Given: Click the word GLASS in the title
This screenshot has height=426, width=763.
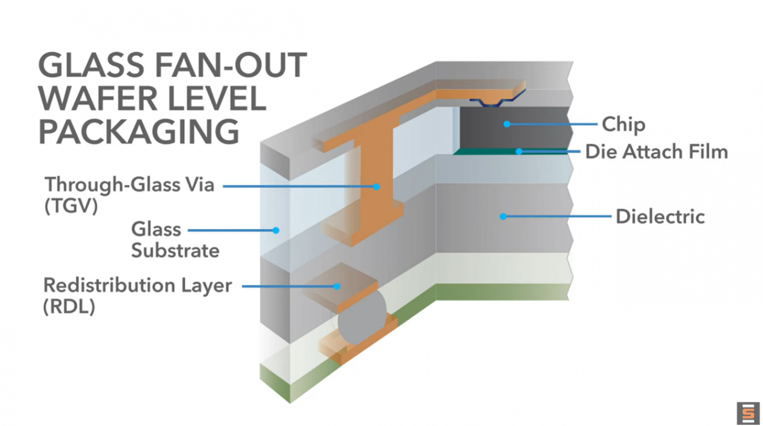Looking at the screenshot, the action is click(90, 65).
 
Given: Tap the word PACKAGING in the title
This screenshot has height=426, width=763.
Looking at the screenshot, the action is click(139, 131).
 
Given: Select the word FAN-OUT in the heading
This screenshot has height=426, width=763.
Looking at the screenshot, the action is click(231, 65).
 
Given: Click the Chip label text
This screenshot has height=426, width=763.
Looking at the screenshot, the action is click(623, 125).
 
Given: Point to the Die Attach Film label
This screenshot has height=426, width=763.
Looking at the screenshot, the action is click(656, 152).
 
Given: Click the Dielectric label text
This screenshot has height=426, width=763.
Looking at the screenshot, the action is click(660, 216).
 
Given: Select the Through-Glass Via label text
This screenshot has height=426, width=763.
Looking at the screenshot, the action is click(130, 185).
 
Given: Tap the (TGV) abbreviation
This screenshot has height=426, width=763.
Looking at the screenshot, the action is click(71, 206).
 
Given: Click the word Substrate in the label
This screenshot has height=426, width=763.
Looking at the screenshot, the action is click(175, 251).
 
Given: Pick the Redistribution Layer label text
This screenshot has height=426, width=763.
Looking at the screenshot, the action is click(137, 285).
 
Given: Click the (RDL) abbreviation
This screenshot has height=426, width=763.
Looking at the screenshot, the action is click(69, 307).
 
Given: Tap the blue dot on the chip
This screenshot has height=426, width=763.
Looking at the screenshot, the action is click(507, 124).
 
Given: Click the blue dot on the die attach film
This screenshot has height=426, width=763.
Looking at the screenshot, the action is click(519, 151).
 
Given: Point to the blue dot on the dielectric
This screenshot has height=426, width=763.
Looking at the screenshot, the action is click(503, 216).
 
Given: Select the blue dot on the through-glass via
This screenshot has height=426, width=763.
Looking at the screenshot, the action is click(376, 187).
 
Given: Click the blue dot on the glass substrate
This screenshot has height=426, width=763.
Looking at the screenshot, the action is click(276, 230).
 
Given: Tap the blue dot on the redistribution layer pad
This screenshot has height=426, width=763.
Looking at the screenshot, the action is click(337, 286).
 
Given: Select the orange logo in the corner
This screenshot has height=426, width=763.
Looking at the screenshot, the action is click(748, 413).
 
